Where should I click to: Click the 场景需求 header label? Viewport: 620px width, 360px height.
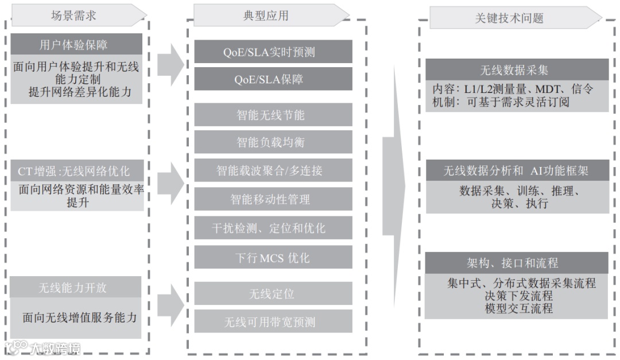73,16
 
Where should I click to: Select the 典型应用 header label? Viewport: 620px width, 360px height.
266,16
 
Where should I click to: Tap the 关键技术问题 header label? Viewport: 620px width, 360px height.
509,18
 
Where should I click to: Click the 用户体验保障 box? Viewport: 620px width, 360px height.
76,44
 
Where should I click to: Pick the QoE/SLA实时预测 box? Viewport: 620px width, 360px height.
273,52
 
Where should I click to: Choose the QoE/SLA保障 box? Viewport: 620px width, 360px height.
273,79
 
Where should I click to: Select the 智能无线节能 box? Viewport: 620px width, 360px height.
273,115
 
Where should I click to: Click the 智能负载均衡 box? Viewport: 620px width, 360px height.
273,142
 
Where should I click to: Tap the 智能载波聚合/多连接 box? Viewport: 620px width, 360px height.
273,171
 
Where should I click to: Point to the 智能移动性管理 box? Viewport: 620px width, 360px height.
273,199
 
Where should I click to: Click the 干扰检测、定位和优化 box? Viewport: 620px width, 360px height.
273,228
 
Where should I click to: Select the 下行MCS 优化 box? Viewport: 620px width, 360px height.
273,257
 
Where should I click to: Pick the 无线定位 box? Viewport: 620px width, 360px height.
273,293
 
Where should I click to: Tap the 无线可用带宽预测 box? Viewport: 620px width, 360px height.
273,322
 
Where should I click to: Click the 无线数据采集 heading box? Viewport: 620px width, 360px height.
516,70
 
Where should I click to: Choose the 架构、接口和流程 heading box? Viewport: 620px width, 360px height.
516,264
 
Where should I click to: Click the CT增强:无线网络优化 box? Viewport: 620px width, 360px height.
76,171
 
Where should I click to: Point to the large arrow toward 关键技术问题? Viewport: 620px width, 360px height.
394,184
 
